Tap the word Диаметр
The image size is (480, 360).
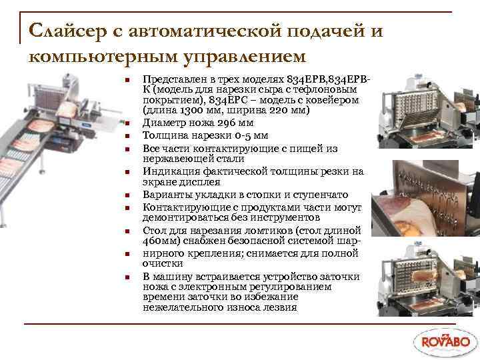162,123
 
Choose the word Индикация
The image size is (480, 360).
169,171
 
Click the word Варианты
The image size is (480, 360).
165,195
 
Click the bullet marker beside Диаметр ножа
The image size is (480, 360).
125,124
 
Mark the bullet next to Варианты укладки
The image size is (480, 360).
125,196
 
